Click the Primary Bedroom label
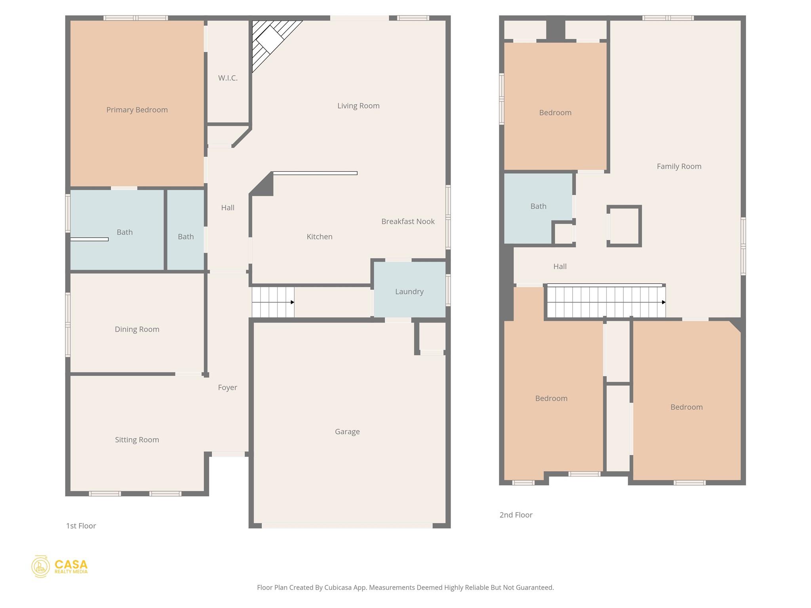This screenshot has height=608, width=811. tap(137, 110)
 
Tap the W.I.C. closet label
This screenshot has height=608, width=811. tap(228, 78)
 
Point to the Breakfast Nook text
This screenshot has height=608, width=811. tap(408, 221)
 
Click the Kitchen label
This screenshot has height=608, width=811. tap(320, 237)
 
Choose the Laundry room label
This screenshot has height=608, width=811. tap(409, 292)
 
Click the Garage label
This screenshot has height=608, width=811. tap(347, 431)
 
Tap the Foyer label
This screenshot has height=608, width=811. tap(227, 388)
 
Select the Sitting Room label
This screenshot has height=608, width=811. tap(137, 440)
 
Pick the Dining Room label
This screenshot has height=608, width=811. tap(137, 329)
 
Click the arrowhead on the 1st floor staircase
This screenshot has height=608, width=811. tap(292, 302)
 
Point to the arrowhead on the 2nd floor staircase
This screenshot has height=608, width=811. tap(664, 302)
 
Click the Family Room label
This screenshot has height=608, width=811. tap(679, 166)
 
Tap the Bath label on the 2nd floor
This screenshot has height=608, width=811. tap(538, 206)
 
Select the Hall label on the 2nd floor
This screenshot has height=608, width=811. tap(560, 266)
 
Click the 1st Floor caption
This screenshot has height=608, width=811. tap(81, 526)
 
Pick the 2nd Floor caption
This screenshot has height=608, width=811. tap(516, 515)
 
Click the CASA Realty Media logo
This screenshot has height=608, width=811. tap(60, 566)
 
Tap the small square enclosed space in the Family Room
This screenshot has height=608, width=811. tap(624, 226)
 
